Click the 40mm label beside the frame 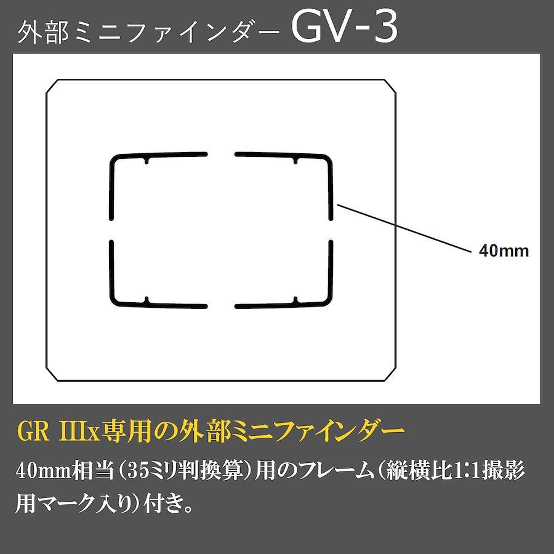pos(504,251)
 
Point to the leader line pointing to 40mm pos(404,228)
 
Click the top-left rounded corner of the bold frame pos(115,159)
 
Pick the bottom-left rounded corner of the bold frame pos(115,300)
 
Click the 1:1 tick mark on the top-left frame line pos(147,159)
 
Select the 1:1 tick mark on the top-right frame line pos(295,159)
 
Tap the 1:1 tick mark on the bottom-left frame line pos(147,300)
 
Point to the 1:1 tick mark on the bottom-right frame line pos(295,300)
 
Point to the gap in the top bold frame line pos(221,154)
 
